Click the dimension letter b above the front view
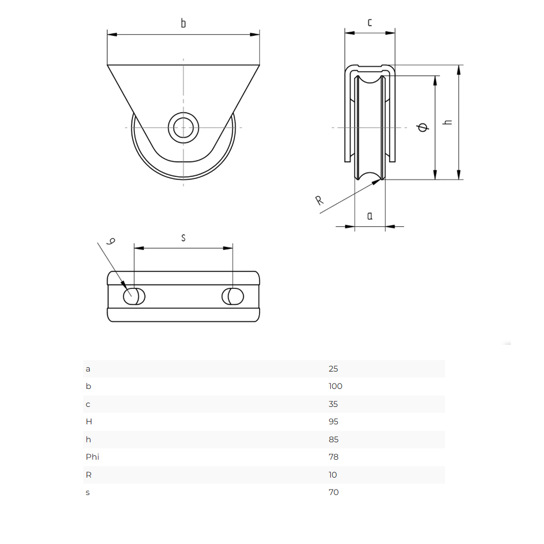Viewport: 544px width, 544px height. pos(183,23)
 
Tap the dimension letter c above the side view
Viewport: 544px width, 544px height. pos(369,22)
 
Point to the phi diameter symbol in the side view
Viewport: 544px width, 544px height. pos(423,127)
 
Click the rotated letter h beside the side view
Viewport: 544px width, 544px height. pos(448,122)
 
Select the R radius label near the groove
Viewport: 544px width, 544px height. pos(319,200)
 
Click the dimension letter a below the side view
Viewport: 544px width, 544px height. pos(370,216)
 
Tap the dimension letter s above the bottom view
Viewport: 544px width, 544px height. pos(183,238)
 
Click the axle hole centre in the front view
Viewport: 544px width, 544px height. pos(183,128)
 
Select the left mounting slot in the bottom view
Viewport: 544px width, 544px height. pos(134,296)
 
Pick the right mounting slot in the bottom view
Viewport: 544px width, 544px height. pos(232,296)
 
